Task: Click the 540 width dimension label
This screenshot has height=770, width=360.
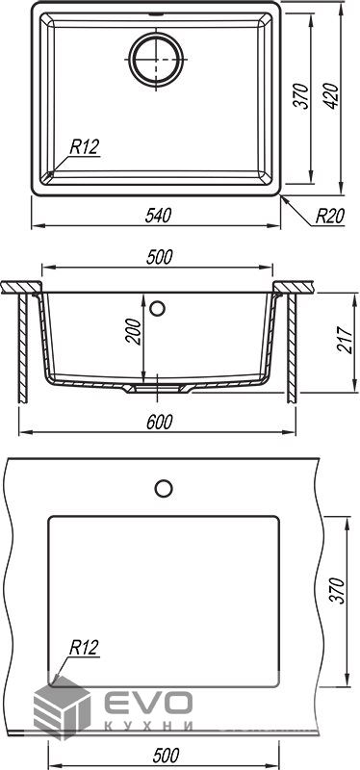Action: pos(158,216)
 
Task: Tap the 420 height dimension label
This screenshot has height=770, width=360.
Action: pos(331,96)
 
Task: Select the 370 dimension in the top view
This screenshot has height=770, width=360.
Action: pos(302,96)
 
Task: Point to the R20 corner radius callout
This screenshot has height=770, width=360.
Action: pos(329,216)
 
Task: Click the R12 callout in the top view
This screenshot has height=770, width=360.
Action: pos(85,146)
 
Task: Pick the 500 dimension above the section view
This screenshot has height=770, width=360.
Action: pos(160,257)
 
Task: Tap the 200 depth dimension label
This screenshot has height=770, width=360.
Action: pos(133,331)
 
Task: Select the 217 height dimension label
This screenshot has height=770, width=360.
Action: pos(345,340)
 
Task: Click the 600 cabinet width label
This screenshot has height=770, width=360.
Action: pos(159,422)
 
